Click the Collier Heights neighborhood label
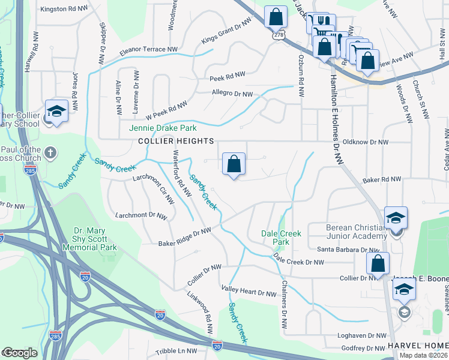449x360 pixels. coord(176,141)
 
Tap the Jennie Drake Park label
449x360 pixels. coord(163,128)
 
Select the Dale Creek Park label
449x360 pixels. coord(275,238)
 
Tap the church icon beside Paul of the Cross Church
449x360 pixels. coord(50,153)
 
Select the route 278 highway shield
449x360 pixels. coord(278,35)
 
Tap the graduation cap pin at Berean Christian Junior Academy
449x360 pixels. coord(396,218)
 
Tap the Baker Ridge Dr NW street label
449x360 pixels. coord(185,237)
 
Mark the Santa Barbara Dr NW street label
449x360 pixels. coord(343,249)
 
